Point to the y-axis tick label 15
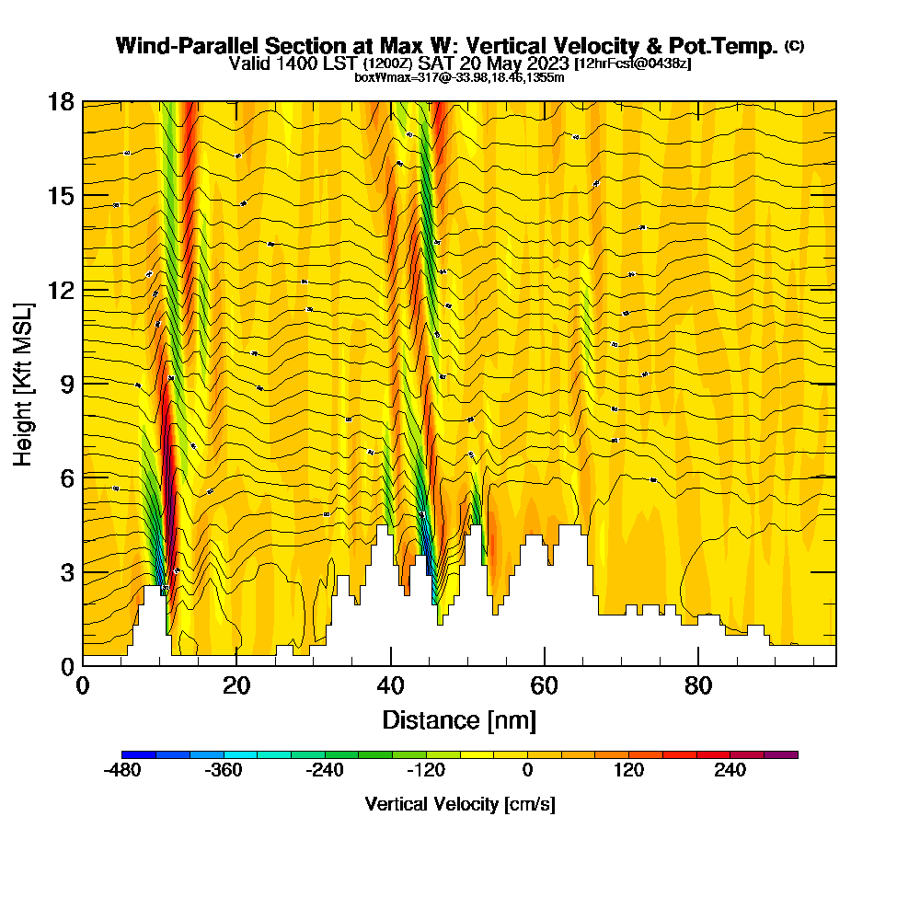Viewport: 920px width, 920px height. [61, 196]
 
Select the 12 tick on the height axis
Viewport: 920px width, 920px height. [61, 290]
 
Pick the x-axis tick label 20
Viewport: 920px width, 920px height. [236, 686]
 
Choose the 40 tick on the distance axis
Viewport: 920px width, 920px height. [391, 686]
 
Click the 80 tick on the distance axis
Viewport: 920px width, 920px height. [699, 686]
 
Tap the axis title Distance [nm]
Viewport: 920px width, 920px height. [459, 719]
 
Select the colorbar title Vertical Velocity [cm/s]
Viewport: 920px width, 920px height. [460, 804]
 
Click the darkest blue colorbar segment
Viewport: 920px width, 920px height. [139, 754]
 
